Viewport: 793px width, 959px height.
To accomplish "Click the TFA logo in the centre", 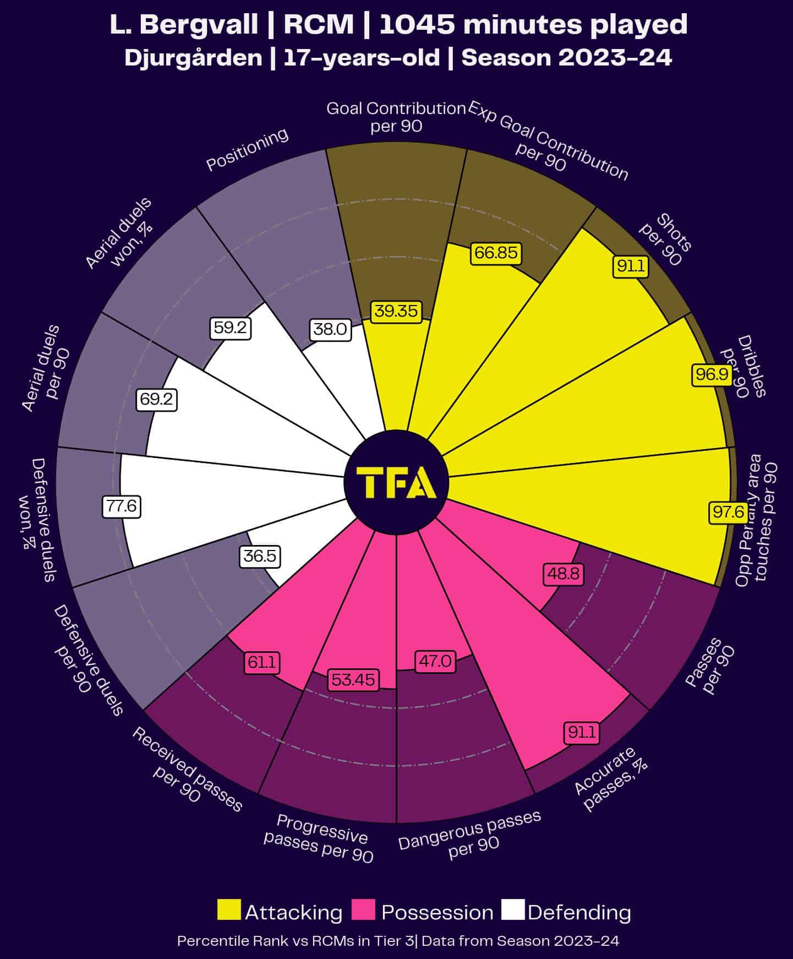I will (x=396, y=482).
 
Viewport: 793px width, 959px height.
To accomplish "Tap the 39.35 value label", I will (x=396, y=311).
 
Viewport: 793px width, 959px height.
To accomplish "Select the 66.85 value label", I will (x=496, y=253).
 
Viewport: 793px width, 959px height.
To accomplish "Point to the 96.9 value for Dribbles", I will (x=712, y=375).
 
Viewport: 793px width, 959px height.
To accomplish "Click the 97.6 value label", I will (x=728, y=512).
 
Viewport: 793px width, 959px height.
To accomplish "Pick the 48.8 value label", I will (x=563, y=574).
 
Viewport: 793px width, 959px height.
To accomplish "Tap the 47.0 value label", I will (x=435, y=661).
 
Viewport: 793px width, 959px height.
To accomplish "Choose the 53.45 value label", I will (x=353, y=680).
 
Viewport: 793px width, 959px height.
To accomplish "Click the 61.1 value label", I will (x=261, y=662).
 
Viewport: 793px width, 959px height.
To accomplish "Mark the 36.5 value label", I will (x=260, y=556).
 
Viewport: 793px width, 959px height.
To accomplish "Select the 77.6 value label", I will (x=122, y=506).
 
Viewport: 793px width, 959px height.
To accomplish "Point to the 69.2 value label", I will (x=156, y=399).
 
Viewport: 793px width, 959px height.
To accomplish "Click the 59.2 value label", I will (x=231, y=329).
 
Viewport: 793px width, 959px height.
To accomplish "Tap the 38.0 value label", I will (x=330, y=329).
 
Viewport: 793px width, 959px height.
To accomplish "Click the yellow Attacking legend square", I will (x=229, y=909).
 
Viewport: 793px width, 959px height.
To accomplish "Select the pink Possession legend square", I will (x=364, y=909).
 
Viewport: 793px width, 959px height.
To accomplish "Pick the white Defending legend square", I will (x=513, y=909).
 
